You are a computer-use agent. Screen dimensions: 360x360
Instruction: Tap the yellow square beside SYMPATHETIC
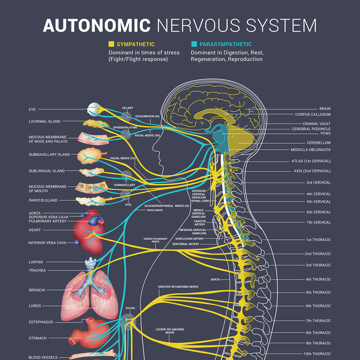(111, 44)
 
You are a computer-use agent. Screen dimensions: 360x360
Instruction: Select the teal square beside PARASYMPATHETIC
(194, 44)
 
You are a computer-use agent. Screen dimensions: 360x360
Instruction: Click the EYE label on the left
(33, 109)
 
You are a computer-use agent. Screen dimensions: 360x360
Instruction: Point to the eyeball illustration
(94, 109)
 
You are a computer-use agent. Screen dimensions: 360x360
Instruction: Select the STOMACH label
(38, 338)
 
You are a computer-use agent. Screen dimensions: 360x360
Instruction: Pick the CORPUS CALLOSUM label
(313, 114)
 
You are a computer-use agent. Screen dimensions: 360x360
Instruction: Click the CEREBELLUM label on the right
(318, 143)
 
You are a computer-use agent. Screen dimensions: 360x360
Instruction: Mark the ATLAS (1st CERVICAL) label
(311, 161)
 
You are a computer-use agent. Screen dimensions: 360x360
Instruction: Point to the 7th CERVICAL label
(318, 222)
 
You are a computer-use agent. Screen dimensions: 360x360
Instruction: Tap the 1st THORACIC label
(318, 239)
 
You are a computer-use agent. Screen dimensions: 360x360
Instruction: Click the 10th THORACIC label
(318, 354)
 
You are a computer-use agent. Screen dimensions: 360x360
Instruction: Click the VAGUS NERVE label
(155, 210)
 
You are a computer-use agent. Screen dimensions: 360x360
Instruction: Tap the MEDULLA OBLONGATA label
(310, 150)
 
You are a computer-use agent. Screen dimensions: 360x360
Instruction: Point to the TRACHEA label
(37, 270)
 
